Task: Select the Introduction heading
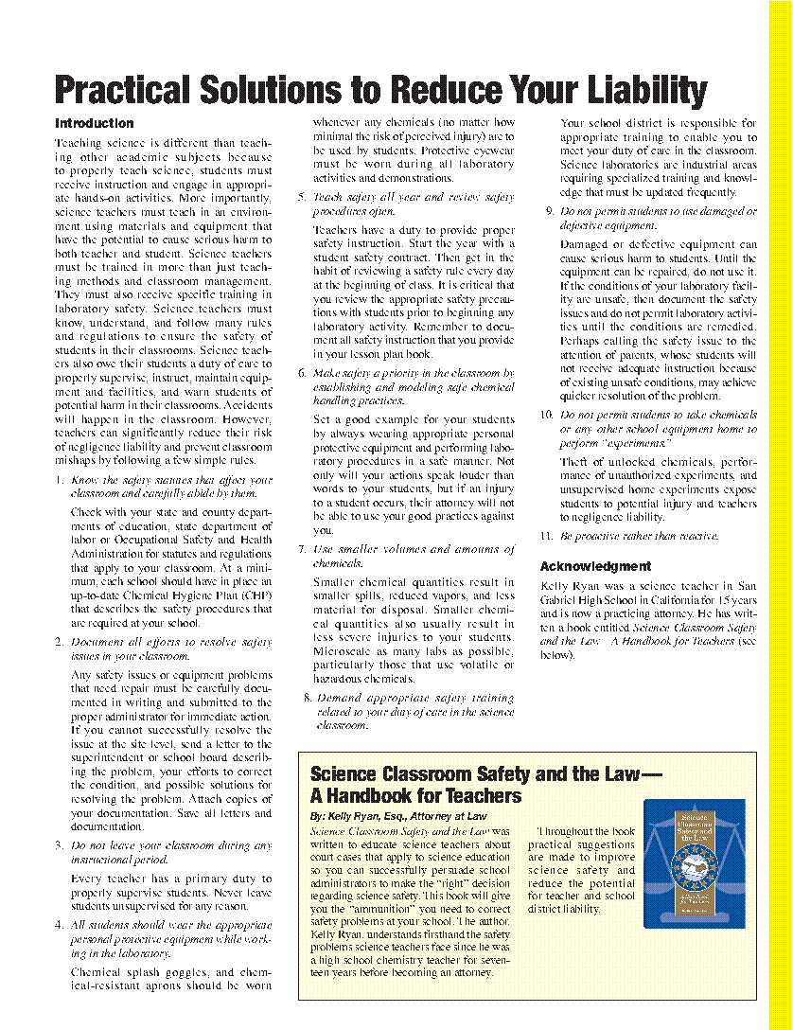click(95, 123)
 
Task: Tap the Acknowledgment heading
click(595, 566)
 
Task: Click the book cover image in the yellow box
click(694, 863)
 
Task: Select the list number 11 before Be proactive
click(546, 536)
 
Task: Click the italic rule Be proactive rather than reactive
click(639, 536)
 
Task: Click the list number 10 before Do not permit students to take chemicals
click(546, 415)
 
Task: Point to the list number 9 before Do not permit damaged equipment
click(549, 211)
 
